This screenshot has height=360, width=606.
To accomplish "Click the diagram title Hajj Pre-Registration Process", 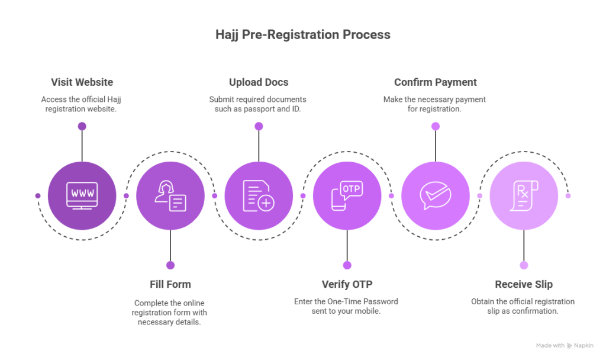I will pyautogui.click(x=302, y=35).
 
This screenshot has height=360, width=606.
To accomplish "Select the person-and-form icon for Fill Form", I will pyautogui.click(x=170, y=195).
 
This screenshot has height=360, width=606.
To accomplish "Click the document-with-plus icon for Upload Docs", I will pyautogui.click(x=259, y=195).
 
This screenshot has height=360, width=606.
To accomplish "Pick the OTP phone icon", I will pyautogui.click(x=347, y=195).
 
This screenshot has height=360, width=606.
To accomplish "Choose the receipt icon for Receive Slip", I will pyautogui.click(x=524, y=195).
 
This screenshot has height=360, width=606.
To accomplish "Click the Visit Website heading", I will pyautogui.click(x=82, y=82).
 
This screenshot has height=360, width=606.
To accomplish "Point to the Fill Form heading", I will pyautogui.click(x=170, y=285).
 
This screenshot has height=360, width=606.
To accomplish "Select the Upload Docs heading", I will pyautogui.click(x=259, y=82).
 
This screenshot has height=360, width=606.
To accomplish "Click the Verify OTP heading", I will pyautogui.click(x=347, y=285).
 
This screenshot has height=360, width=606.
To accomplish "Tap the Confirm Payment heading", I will pyautogui.click(x=436, y=82).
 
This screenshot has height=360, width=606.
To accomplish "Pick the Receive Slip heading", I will pyautogui.click(x=524, y=285).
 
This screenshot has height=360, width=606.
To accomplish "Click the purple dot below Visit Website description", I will pyautogui.click(x=82, y=126).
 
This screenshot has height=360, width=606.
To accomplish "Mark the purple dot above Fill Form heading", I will pyautogui.click(x=170, y=265).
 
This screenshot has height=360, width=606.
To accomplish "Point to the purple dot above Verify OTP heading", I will pyautogui.click(x=347, y=265).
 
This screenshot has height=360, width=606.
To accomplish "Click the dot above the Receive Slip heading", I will pyautogui.click(x=524, y=265).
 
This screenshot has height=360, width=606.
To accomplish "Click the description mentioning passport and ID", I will pyautogui.click(x=259, y=104).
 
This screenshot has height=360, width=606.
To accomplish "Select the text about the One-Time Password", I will pyautogui.click(x=347, y=306).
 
